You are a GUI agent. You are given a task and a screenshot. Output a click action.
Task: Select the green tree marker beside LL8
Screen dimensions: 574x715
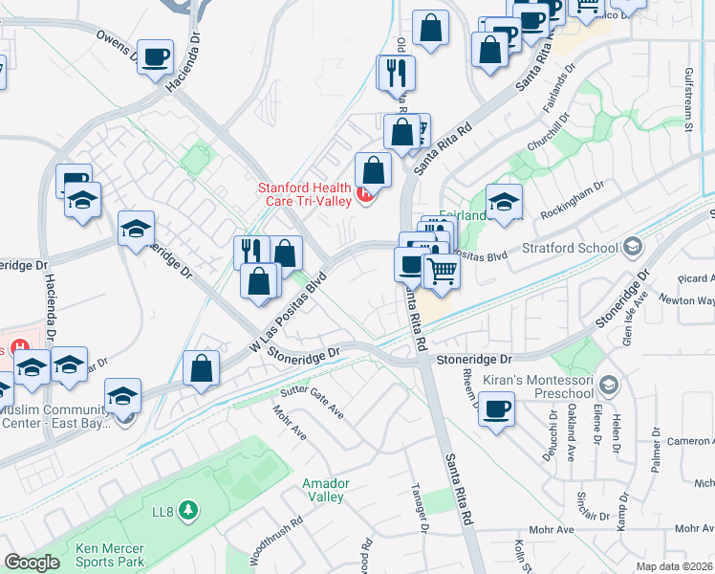pos(188,508)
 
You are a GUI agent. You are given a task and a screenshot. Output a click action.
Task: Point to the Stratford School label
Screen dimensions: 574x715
pos(571,249)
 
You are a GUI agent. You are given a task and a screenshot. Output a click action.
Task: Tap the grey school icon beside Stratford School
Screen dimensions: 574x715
pos(631,248)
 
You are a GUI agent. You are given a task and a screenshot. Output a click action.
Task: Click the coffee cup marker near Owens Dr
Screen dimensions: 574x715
pos(155,57)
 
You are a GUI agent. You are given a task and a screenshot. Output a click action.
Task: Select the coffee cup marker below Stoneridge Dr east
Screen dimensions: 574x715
pos(496,408)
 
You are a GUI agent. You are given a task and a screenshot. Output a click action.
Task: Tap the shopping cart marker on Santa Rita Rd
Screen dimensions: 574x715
pos(441,272)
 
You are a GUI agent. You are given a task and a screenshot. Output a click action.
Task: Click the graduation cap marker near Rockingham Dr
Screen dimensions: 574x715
pos(504,202)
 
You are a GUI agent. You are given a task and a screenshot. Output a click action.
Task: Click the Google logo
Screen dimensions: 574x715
pos(32,563)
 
